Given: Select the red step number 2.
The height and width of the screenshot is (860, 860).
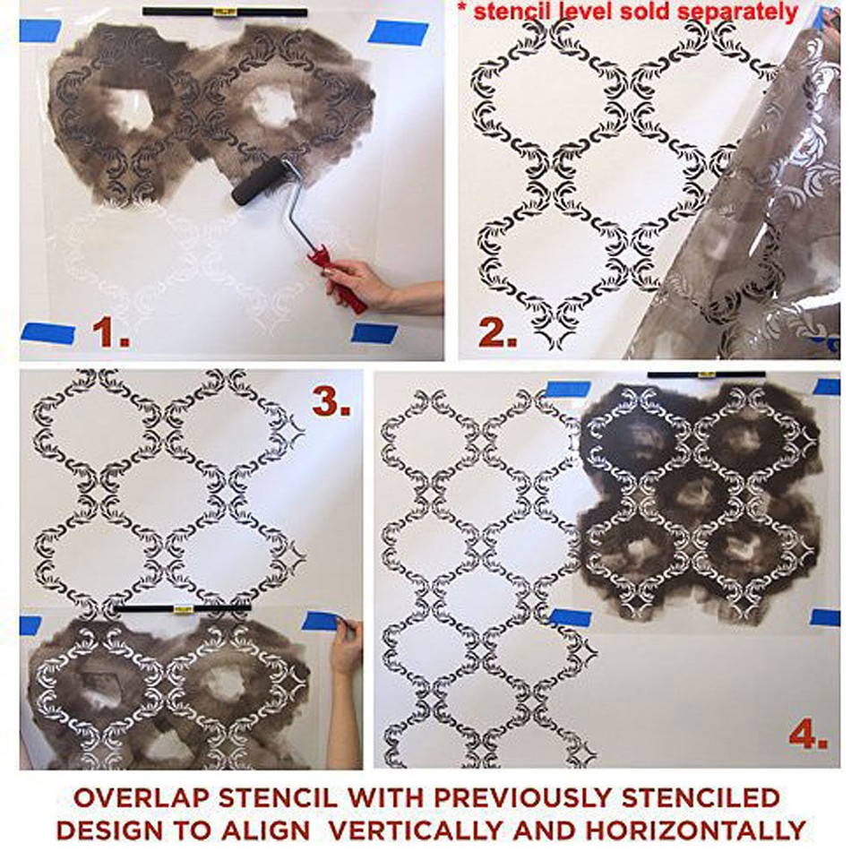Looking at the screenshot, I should [x=498, y=332].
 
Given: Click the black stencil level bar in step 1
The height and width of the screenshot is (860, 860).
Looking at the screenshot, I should [x=224, y=13].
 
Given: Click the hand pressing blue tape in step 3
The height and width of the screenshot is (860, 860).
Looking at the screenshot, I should [x=346, y=645].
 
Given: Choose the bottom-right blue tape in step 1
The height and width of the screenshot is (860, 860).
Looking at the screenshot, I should [x=374, y=332].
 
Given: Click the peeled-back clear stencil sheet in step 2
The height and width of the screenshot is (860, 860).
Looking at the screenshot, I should [x=752, y=224].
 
